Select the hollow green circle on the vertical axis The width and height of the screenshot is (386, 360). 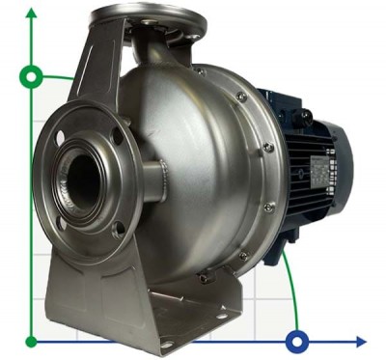tap(31, 75)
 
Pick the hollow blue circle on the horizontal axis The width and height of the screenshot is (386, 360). tap(297, 341)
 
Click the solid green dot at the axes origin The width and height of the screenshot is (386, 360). tap(31, 341)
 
